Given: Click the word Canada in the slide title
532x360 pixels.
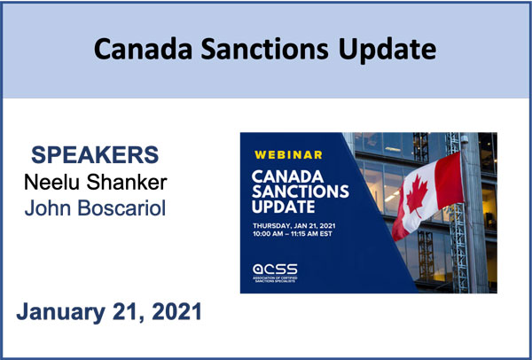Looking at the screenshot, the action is [143, 49].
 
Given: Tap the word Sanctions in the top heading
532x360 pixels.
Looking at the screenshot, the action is [264, 49].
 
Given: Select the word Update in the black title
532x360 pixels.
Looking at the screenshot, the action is [387, 51].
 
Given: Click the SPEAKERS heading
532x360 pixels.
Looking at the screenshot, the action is [95, 155].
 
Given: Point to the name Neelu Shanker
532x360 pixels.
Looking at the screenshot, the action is [96, 182].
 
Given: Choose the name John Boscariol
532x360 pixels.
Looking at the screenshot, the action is [96, 207].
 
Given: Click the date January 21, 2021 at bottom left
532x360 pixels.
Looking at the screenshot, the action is [109, 312].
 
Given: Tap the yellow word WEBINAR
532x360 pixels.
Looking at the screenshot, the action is [288, 155].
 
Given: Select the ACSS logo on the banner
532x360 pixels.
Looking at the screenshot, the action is [275, 270].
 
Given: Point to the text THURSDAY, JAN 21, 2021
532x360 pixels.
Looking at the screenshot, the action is [293, 225].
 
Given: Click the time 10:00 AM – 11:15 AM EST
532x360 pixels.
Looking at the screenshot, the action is [292, 234].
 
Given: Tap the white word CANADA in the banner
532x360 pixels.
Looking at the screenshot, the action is [287, 176].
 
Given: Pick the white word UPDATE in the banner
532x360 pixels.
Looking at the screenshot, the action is [284, 207].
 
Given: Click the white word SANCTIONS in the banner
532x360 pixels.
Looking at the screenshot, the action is [301, 192].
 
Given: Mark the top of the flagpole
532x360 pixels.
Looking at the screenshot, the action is [465, 137].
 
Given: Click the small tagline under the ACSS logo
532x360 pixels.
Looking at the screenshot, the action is [275, 279].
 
